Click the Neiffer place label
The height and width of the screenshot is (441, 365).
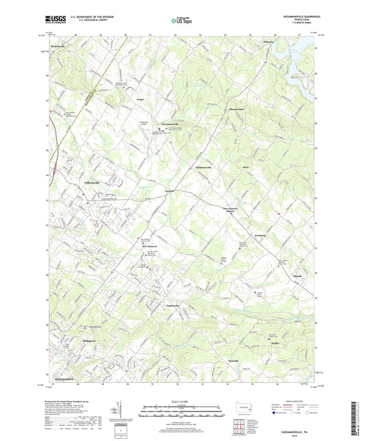tap(275, 344)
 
